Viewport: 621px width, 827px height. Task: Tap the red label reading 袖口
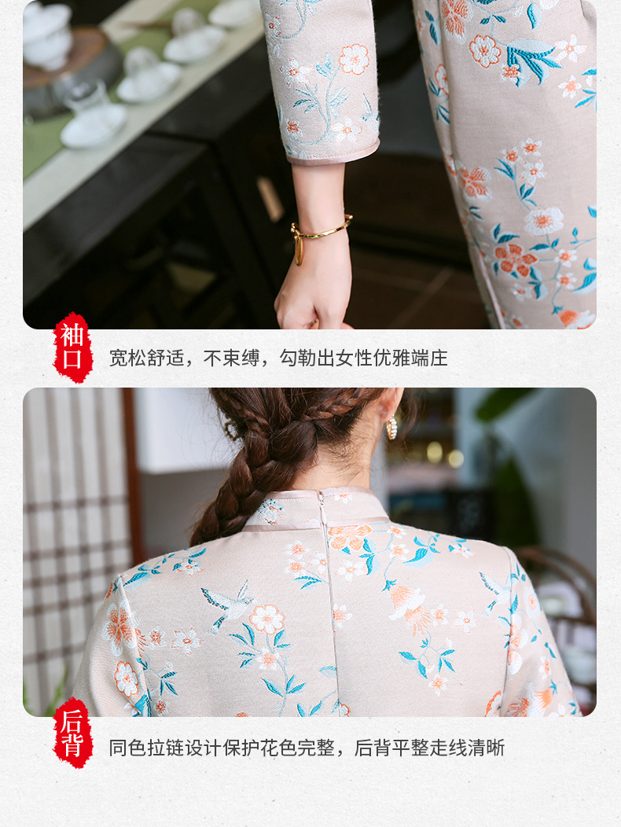(x=72, y=347)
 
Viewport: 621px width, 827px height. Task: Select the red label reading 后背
(x=72, y=733)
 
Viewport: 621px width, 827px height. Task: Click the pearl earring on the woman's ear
(x=391, y=428)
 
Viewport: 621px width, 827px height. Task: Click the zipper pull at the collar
(x=320, y=498)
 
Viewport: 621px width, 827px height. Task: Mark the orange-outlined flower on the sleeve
(x=354, y=58)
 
